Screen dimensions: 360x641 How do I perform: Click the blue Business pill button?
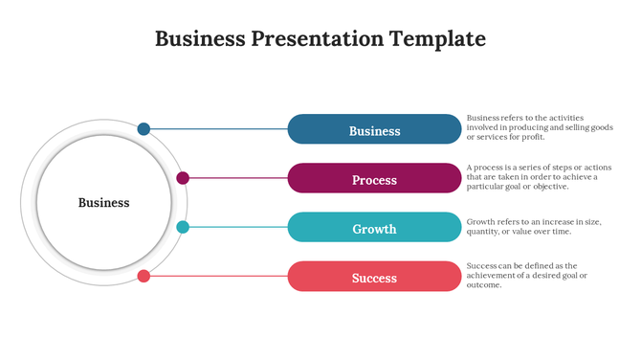coord(374,129)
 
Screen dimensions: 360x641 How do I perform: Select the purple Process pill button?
coord(374,179)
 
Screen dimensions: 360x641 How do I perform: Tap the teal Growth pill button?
coord(374,228)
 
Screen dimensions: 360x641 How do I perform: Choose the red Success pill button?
coord(374,277)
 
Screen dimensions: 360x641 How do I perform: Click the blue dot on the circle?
coord(144,128)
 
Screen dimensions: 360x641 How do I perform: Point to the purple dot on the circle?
coord(183,178)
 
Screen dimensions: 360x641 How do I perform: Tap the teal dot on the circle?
coord(183,227)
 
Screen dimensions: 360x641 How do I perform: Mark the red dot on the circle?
coord(144,276)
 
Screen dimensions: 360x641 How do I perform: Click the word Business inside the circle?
coord(103,202)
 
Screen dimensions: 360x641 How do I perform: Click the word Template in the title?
coord(437,39)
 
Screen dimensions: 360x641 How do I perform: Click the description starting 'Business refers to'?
coord(540,127)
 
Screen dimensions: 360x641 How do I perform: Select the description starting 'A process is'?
coord(532,177)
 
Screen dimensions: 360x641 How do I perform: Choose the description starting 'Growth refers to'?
coord(534,226)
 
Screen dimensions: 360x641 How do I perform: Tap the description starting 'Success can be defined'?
coord(527,275)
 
